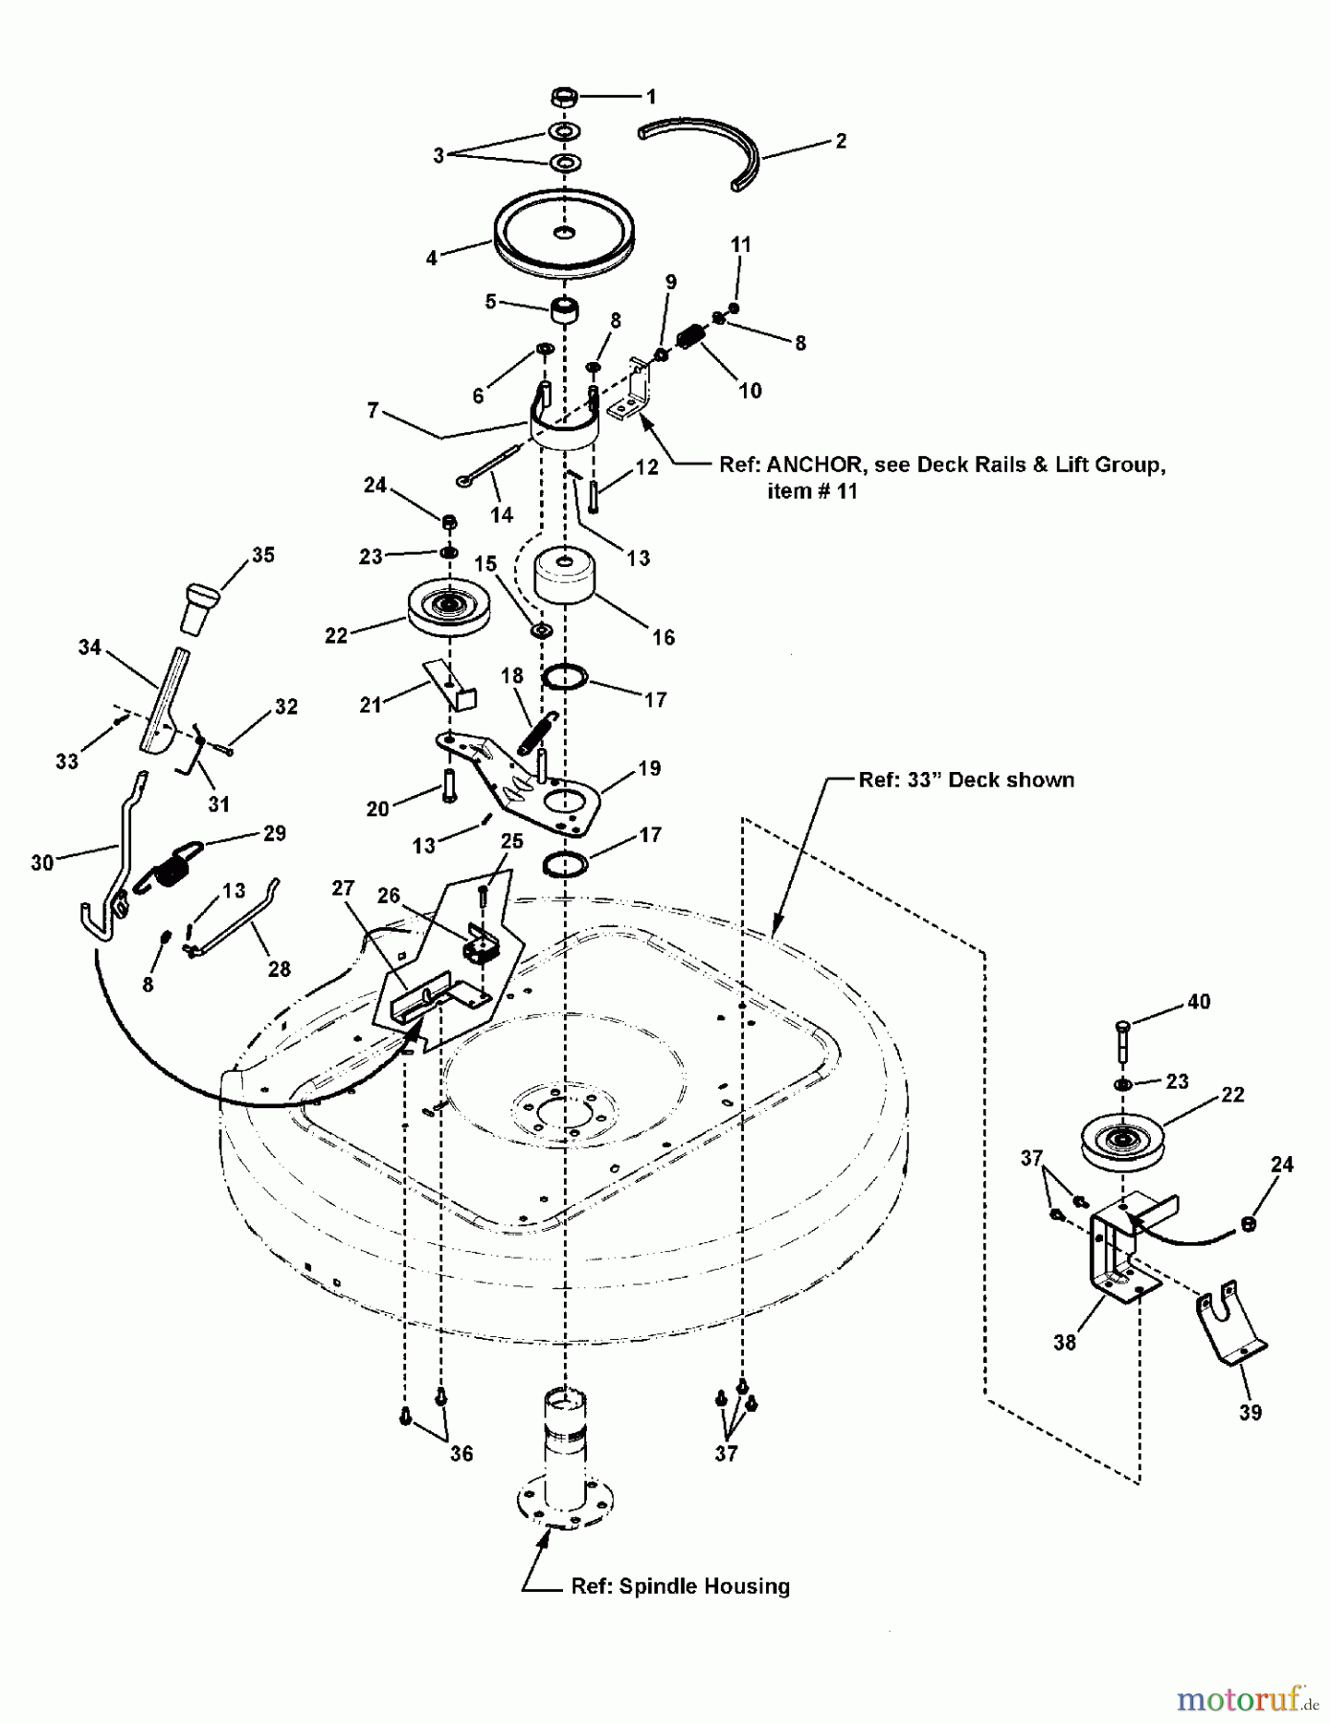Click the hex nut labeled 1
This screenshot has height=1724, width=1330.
click(565, 97)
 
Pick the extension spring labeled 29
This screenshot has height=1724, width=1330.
click(176, 865)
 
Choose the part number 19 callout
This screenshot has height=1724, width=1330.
click(649, 768)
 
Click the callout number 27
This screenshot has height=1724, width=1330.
click(343, 889)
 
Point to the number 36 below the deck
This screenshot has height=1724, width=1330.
click(462, 1454)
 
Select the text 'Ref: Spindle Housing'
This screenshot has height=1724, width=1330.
click(680, 1586)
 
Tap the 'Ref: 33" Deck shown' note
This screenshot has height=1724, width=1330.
click(966, 780)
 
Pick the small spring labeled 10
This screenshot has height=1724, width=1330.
click(690, 338)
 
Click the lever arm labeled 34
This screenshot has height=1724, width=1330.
click(165, 699)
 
